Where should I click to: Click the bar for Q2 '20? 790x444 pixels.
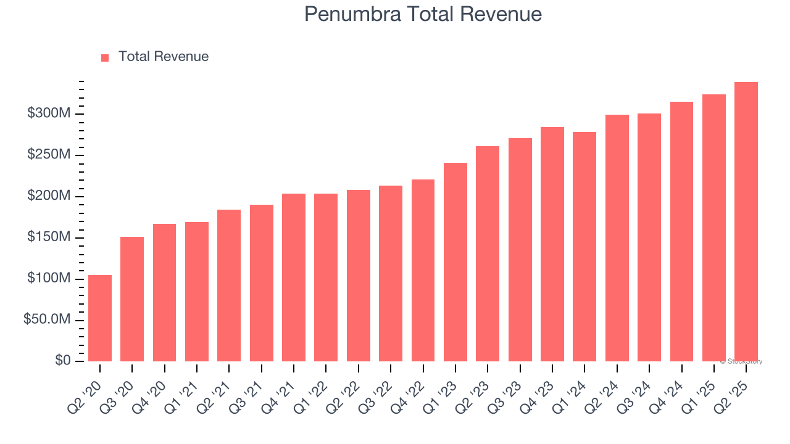click(100, 318)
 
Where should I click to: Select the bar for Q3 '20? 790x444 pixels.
click(132, 299)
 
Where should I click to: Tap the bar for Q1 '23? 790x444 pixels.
click(455, 262)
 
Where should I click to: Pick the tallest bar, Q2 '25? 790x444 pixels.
click(746, 222)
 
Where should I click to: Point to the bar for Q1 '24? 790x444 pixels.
click(584, 247)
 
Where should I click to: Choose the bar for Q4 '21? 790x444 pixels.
click(294, 277)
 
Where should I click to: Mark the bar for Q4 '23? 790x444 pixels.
click(552, 244)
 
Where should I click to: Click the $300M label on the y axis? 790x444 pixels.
click(49, 113)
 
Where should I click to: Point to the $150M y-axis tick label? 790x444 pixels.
click(49, 237)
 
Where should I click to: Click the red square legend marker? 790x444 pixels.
click(105, 57)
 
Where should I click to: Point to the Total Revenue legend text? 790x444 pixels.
click(164, 57)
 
